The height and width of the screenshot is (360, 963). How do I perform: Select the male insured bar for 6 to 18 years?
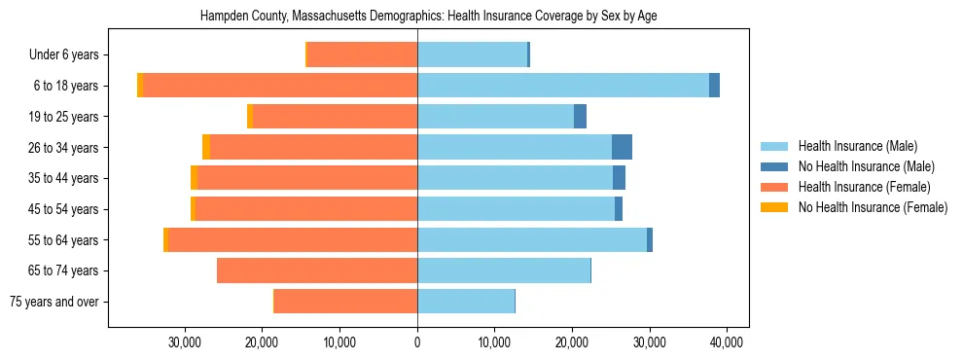(563, 86)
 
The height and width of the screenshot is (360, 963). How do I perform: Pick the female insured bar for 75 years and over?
(345, 302)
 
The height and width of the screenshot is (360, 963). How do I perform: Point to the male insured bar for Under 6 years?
(472, 54)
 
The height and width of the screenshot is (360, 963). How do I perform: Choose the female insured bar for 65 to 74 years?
(317, 270)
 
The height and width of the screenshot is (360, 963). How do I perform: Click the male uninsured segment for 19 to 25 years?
(580, 117)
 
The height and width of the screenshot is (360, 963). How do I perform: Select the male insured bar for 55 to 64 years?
(532, 239)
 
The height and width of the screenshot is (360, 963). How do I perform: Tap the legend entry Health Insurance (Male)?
(857, 146)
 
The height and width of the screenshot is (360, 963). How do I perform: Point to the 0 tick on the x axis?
(417, 342)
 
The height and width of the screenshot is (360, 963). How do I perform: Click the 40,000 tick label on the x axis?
(728, 342)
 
